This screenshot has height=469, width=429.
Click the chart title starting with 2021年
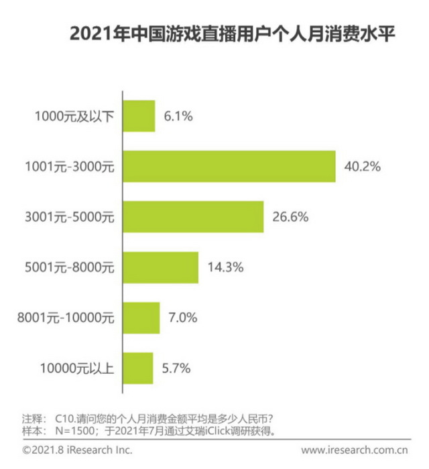coord(227,34)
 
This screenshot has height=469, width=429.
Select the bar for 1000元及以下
coord(139,116)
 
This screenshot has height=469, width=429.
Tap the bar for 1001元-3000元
coord(229,166)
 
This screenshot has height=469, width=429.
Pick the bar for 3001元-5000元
coord(193,216)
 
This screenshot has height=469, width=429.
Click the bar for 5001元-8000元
coord(160,267)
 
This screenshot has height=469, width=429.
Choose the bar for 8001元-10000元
coord(141,318)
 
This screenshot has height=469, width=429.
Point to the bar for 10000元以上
coord(137,368)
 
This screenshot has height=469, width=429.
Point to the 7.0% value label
coord(182,318)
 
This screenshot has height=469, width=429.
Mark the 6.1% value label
coord(178,116)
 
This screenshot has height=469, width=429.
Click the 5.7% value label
coord(177,368)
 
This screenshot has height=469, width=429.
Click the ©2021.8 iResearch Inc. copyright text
coord(77,450)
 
